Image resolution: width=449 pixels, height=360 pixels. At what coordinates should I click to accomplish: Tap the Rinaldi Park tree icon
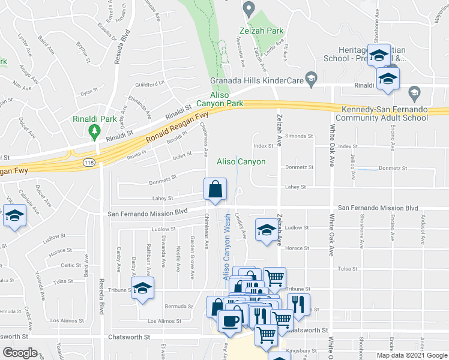pyautogui.click(x=93, y=130)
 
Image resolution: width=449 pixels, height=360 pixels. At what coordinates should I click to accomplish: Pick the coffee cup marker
pyautogui.click(x=231, y=320)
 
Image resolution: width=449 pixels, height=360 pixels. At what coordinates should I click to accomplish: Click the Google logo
pyautogui.click(x=20, y=353)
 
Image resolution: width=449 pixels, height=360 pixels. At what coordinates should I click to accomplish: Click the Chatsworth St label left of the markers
pyautogui.click(x=128, y=337)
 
